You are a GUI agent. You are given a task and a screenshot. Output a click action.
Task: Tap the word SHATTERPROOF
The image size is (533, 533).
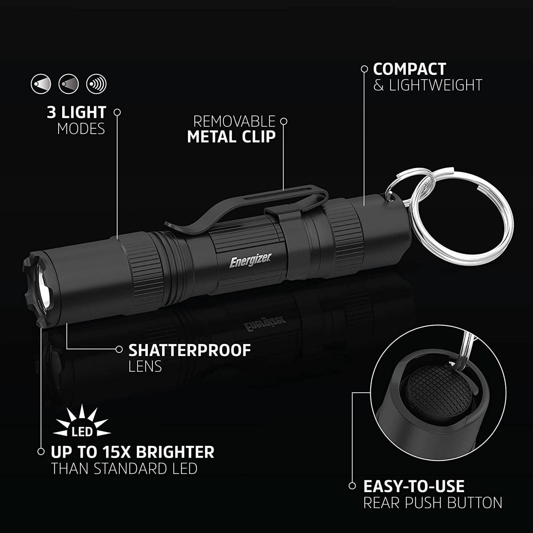coord(189,350)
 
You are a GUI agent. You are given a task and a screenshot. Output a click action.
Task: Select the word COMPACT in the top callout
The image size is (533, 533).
coord(409,69)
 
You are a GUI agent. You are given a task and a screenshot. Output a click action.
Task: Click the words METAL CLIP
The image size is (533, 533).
coord(231,137)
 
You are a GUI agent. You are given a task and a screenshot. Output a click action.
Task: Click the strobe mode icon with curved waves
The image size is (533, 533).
coord(96,84)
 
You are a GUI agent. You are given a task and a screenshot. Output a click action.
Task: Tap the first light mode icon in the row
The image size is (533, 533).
coord(41,84)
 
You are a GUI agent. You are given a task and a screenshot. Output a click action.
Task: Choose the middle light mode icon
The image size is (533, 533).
coord(68,84)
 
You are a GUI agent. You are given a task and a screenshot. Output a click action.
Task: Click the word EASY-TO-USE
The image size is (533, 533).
coord(414,486)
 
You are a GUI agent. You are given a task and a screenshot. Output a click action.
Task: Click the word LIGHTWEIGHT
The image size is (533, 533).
coord(435,85)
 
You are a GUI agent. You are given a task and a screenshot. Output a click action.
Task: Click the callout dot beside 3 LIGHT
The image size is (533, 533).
coord(117,112)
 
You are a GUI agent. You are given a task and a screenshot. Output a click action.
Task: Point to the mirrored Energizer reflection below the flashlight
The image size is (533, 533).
coord(265,324)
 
